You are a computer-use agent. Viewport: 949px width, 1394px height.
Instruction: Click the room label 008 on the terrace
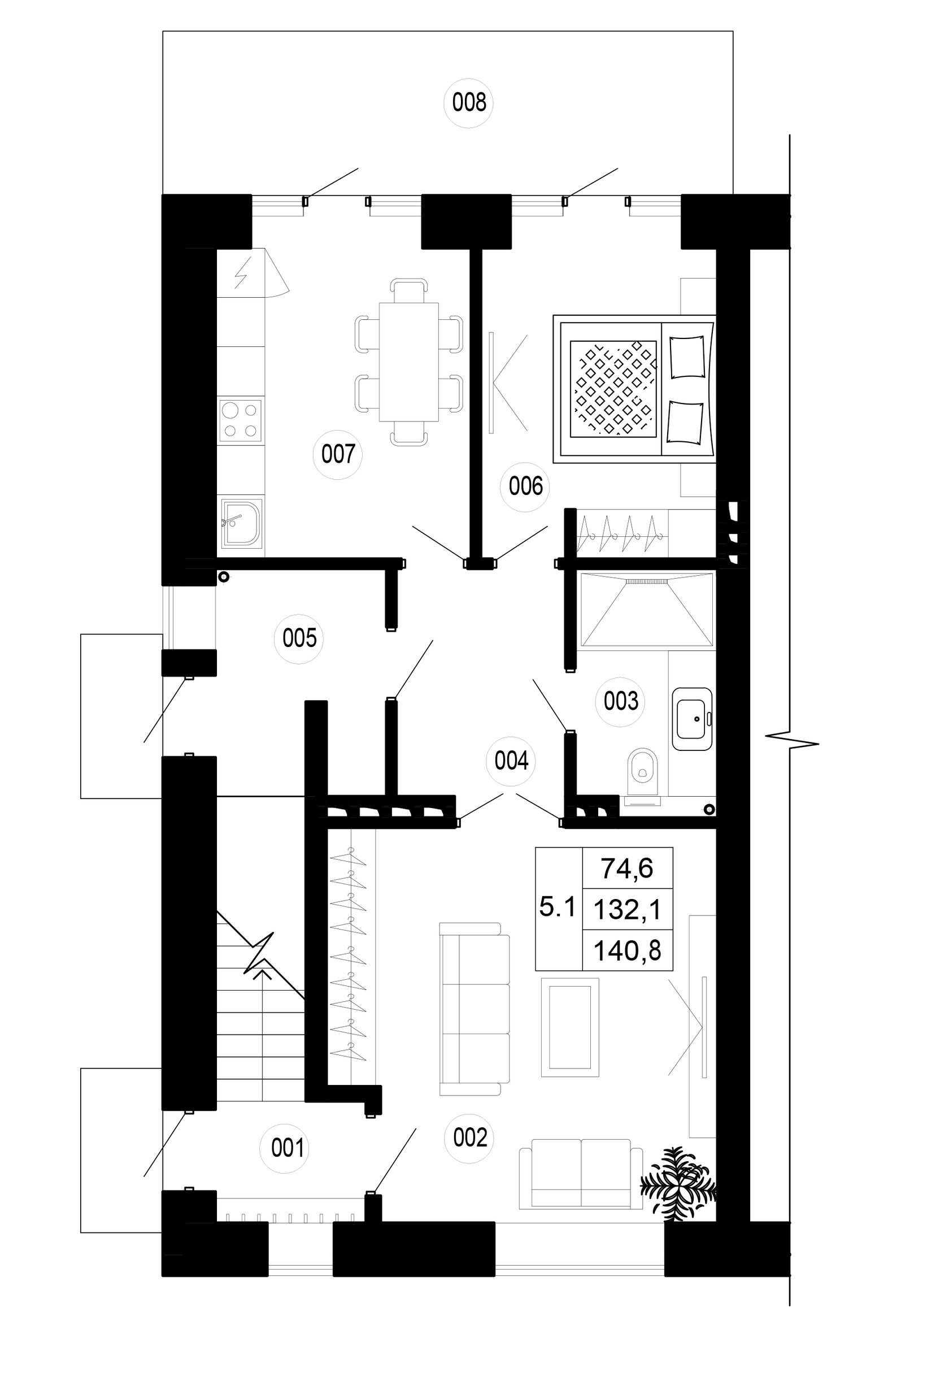469,103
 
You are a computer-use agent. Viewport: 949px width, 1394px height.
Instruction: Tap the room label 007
338,454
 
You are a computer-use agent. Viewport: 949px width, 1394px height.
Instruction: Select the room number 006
525,486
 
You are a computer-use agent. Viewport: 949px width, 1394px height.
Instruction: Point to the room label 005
299,637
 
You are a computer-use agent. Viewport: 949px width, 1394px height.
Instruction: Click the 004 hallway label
511,761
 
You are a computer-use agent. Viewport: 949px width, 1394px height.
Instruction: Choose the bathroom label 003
620,701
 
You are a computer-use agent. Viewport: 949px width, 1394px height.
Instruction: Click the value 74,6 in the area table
626,868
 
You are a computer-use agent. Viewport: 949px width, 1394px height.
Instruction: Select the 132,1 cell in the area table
627,910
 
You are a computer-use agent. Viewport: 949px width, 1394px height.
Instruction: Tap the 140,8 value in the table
627,951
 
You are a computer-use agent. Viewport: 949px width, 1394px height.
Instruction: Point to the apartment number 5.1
557,907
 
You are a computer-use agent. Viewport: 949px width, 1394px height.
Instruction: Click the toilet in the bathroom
642,776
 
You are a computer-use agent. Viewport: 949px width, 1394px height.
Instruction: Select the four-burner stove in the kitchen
241,420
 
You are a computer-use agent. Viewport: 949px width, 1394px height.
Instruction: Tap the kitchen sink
242,523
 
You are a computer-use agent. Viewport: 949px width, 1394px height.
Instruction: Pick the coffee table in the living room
569,1027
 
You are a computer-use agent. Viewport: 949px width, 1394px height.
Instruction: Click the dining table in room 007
409,362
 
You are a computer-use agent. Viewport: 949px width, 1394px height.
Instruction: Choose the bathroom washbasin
692,719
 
